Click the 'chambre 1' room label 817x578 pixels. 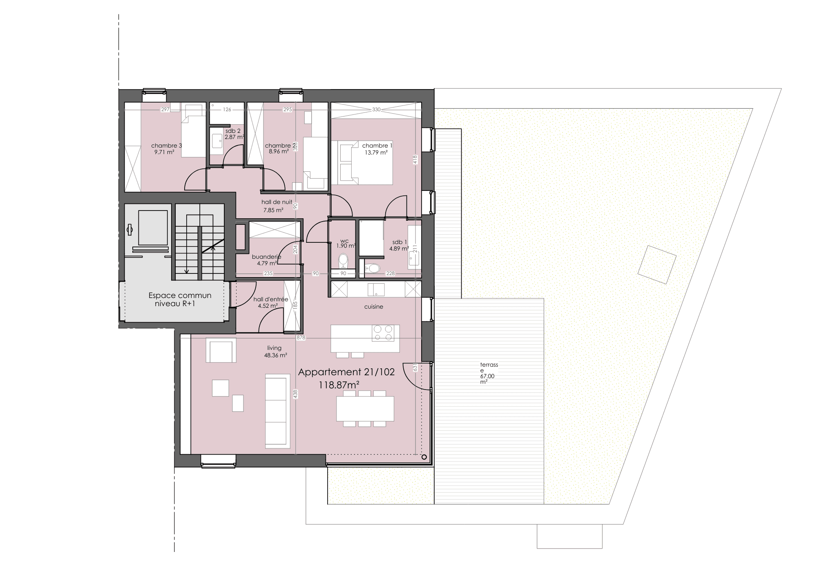click(377, 146)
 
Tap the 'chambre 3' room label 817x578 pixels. click(166, 146)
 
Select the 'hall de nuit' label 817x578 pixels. click(277, 202)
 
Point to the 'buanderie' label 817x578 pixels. click(266, 257)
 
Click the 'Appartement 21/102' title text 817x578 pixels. click(346, 372)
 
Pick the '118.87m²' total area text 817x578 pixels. click(339, 385)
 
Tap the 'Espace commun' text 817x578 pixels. click(180, 295)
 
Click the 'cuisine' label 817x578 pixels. click(374, 307)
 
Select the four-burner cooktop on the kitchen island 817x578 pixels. click(383, 333)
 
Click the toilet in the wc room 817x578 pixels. click(343, 260)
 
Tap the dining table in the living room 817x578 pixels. click(365, 408)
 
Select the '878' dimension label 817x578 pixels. click(301, 338)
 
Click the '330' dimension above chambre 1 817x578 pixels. click(376, 110)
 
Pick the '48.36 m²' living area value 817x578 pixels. click(275, 355)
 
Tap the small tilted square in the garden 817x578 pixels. click(657, 264)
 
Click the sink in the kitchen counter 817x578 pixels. click(376, 289)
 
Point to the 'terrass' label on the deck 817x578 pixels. click(489, 365)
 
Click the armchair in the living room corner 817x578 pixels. click(221, 350)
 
